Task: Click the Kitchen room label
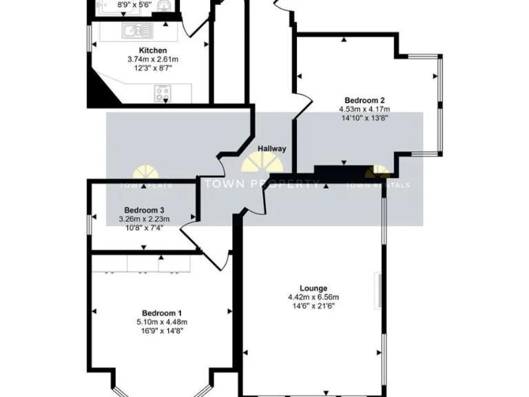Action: [153, 50]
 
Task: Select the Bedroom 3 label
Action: [144, 210]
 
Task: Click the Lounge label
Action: [313, 288]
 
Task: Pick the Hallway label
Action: [271, 149]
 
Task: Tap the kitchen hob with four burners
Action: [163, 93]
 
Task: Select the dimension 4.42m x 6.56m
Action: [313, 297]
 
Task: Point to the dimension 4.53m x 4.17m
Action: [364, 109]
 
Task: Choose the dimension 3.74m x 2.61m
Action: [153, 59]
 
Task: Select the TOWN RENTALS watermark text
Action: [377, 185]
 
